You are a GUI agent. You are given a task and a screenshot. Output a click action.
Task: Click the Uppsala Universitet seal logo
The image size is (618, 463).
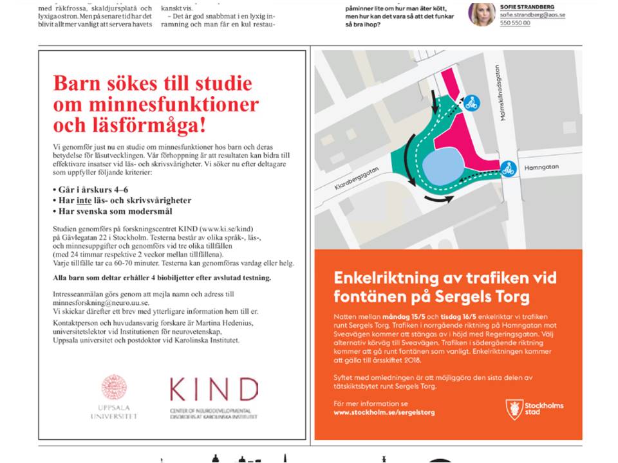(114, 388)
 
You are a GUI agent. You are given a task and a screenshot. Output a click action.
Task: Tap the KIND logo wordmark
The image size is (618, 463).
(214, 390)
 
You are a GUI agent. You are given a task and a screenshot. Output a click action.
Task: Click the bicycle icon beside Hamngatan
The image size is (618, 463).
(508, 168)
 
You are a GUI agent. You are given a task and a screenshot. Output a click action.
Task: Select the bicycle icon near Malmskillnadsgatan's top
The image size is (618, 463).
(472, 103)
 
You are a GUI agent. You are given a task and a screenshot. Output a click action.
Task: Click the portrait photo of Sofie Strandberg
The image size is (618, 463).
(482, 14)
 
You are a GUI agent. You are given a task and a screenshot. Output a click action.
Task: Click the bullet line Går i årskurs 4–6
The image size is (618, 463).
(89, 190)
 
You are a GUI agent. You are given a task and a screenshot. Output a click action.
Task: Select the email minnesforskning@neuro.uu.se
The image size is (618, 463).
(101, 302)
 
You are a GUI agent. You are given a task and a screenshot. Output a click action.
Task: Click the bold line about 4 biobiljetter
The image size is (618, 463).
(162, 278)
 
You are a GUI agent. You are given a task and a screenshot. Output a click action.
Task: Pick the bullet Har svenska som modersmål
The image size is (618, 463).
(112, 211)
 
